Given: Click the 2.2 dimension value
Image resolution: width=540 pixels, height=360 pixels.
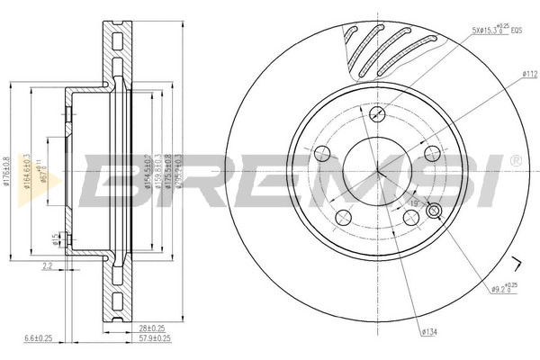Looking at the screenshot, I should [48, 265].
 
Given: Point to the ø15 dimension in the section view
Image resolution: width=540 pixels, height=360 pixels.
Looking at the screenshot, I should [56, 238].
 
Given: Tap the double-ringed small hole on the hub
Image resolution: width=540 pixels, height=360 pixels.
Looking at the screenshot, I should [435, 211].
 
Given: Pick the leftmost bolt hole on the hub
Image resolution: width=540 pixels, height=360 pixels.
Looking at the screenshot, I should [323, 149].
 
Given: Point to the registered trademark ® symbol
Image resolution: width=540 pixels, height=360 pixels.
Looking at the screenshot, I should [515, 160].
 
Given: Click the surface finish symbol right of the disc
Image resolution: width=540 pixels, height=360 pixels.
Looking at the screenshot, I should [517, 263].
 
